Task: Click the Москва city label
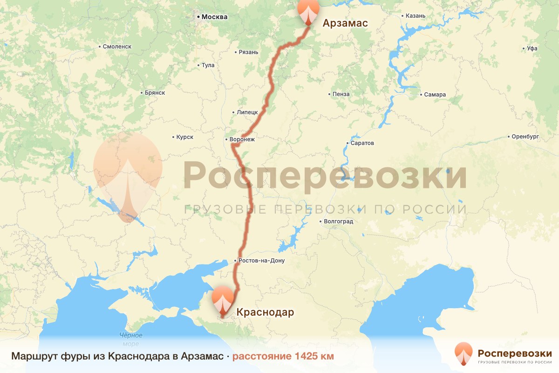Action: point(214,17)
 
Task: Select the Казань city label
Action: point(416,16)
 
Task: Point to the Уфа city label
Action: point(532,48)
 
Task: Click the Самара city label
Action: point(435,95)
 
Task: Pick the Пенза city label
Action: point(341,94)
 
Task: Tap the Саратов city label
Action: point(363,143)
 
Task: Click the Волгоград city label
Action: point(339,221)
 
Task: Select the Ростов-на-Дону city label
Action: point(262,260)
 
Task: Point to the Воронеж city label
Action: point(242,139)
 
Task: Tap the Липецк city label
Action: point(247,112)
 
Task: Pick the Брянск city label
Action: point(155,93)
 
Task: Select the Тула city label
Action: point(208,65)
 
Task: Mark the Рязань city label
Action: point(248,52)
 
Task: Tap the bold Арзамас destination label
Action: point(346,23)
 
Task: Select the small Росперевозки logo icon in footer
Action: point(464,353)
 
